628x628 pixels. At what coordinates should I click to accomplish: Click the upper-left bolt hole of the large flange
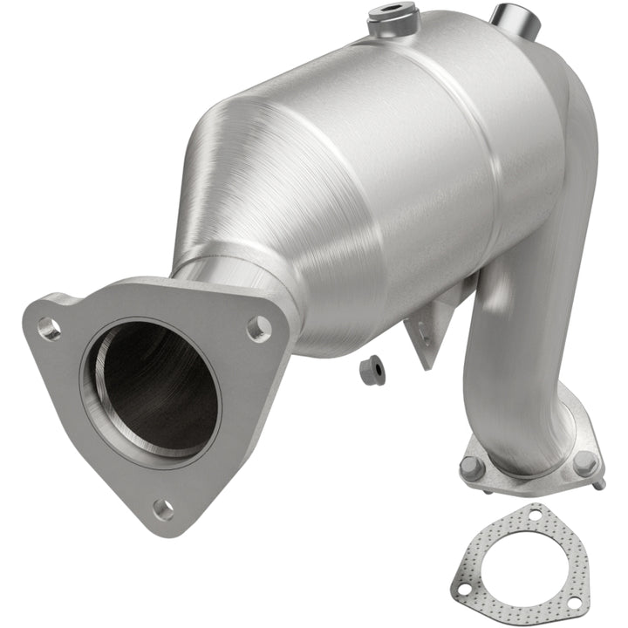[x=49, y=329]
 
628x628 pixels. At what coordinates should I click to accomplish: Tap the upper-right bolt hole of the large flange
[x=258, y=328]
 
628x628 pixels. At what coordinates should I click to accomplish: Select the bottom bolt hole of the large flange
[x=162, y=508]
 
